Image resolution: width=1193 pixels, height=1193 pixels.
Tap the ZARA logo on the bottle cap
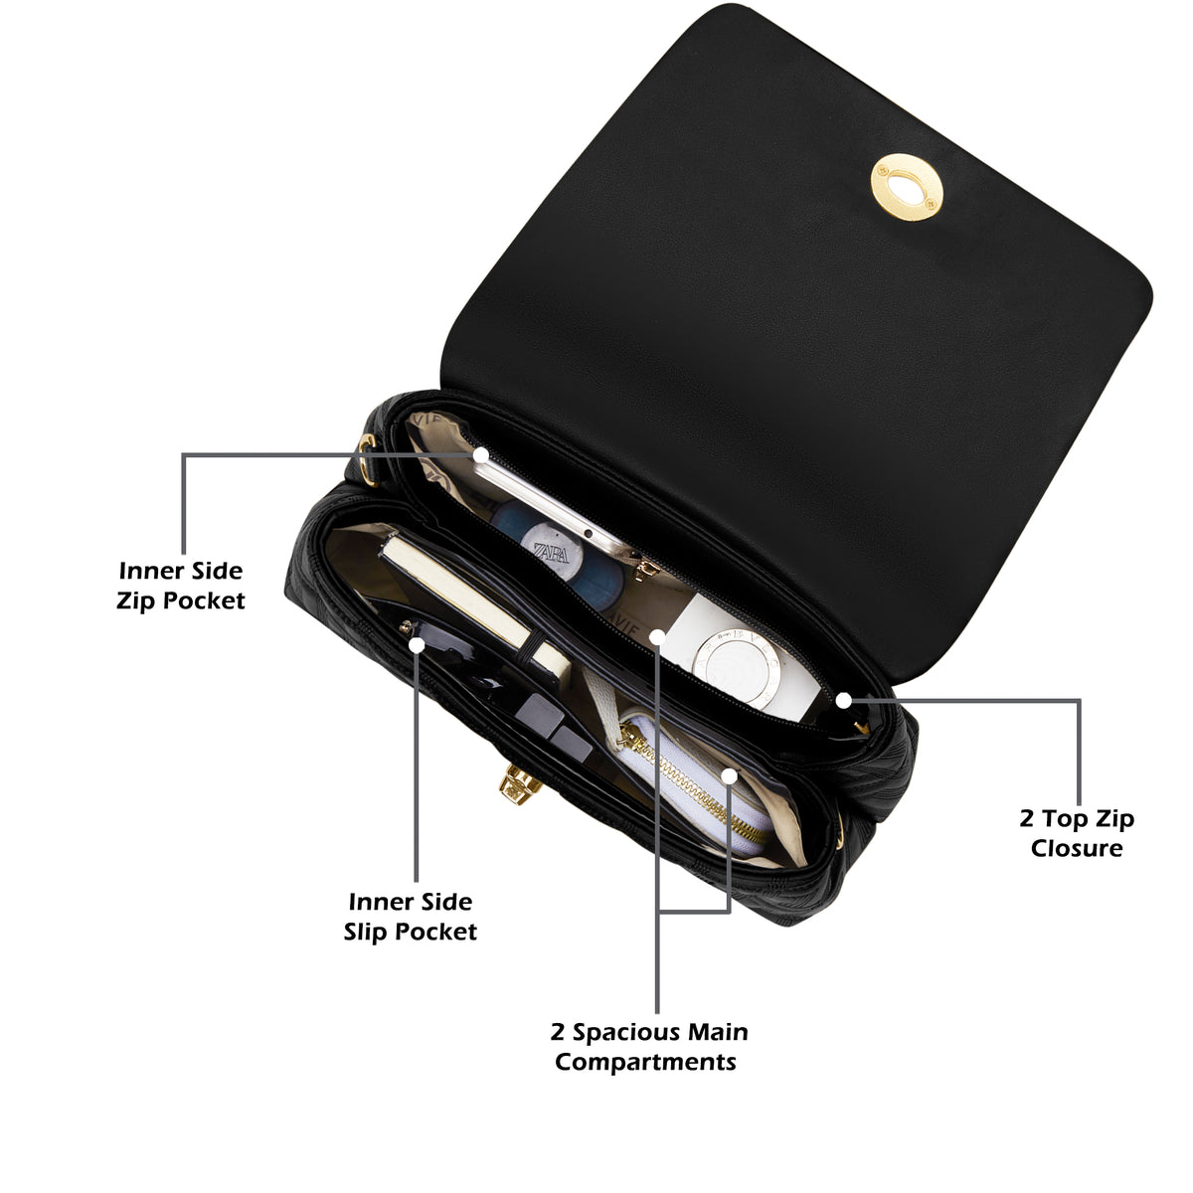pyautogui.click(x=551, y=552)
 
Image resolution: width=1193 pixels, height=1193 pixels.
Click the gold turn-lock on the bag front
pyautogui.click(x=520, y=784)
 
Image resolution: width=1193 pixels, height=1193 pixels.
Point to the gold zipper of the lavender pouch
pyautogui.click(x=693, y=780)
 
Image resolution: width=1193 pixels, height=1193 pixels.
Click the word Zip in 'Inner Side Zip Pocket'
pyautogui.click(x=131, y=601)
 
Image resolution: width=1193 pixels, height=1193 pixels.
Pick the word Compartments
pyautogui.click(x=645, y=1062)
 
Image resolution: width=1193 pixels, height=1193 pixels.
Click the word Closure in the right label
pyautogui.click(x=1076, y=848)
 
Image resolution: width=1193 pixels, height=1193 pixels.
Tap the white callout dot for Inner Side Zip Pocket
pyautogui.click(x=481, y=455)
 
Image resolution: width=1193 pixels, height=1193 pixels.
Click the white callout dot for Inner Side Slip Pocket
pyautogui.click(x=416, y=645)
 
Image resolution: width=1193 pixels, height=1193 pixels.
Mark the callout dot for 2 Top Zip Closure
pyautogui.click(x=843, y=701)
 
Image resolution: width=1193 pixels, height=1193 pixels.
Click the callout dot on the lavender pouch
pyautogui.click(x=730, y=775)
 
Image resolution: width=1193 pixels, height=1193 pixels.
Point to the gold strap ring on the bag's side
pyautogui.click(x=367, y=459)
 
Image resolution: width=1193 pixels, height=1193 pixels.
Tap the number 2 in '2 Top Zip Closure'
pyautogui.click(x=1027, y=818)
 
